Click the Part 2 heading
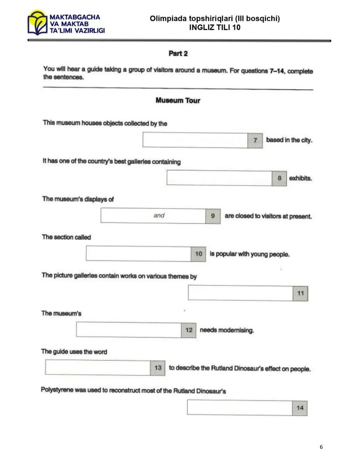point(178,54)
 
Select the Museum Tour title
point(178,101)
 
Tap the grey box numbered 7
point(255,140)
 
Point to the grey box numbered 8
point(280,178)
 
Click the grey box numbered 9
point(213,216)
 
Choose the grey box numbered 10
point(198,254)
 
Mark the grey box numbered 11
point(300,293)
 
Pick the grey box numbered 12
point(189,330)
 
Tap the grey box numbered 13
point(158,368)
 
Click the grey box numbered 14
point(300,408)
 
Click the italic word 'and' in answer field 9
point(159,215)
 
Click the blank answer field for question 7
point(195,140)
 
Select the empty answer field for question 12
point(129,330)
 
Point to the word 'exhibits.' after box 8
point(300,178)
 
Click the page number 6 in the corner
point(321,447)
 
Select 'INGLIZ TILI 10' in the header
point(214,27)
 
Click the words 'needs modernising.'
point(227,330)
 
